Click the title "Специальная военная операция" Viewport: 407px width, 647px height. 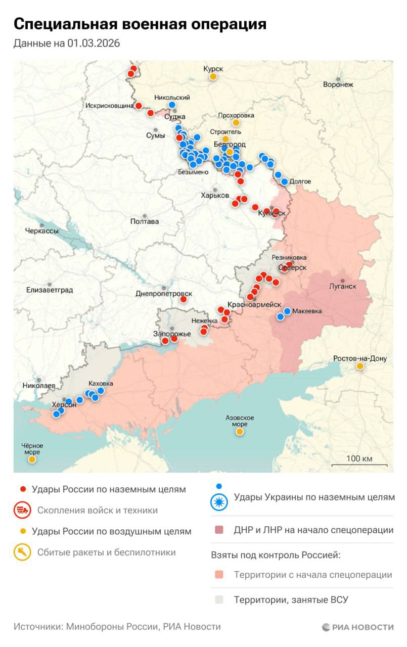[x=140, y=24]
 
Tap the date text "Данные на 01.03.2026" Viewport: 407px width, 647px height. [x=67, y=43]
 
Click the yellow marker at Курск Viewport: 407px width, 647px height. [x=213, y=77]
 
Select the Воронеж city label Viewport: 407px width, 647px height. [x=338, y=84]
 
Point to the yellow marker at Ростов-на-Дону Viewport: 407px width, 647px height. [x=359, y=366]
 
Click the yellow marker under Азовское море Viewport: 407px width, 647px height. [x=239, y=432]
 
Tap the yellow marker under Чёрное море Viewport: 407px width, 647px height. [x=32, y=459]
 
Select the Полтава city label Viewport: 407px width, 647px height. [x=145, y=221]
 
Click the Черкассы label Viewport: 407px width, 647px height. [x=41, y=231]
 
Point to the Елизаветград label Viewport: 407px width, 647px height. [x=50, y=290]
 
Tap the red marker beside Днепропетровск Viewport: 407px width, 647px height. [x=184, y=299]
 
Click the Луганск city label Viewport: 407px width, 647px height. [x=343, y=286]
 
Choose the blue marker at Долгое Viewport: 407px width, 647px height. [x=284, y=181]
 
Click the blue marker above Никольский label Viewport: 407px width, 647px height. [x=172, y=105]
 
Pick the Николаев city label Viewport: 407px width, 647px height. [x=38, y=385]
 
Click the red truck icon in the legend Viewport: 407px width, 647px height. [x=22, y=511]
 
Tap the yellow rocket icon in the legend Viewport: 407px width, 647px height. [x=22, y=552]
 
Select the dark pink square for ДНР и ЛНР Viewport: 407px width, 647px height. [x=218, y=530]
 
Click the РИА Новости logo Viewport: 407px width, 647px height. [x=357, y=627]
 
